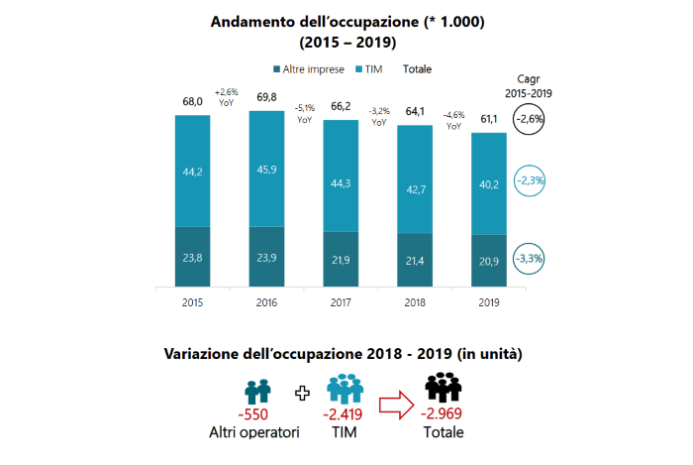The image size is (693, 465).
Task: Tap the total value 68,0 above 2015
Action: click(x=192, y=100)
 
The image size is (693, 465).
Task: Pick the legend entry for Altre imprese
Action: click(x=309, y=69)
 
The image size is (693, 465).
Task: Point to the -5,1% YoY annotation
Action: click(x=305, y=113)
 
